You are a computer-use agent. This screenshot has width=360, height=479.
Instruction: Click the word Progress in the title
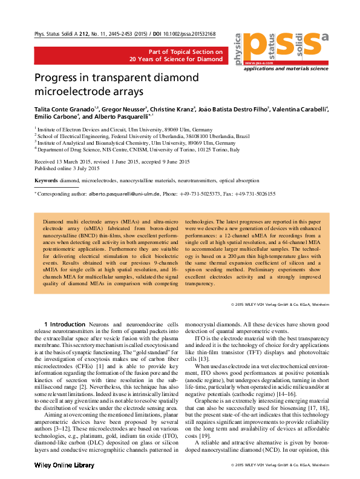click(x=60, y=78)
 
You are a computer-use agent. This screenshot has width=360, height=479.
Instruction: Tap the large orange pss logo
click(x=284, y=43)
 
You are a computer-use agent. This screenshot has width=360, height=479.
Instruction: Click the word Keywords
click(x=46, y=181)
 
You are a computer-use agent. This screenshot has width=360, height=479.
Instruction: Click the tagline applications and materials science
click(x=287, y=70)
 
